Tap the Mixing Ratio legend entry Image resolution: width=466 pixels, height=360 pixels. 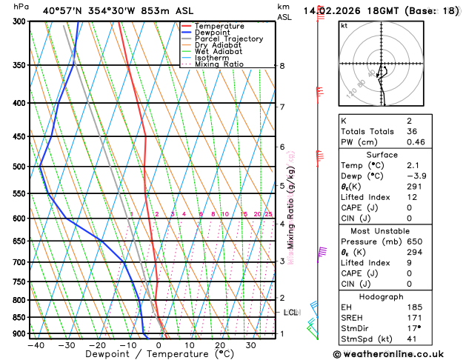click(219, 64)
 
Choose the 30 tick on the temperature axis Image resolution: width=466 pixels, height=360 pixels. click(250, 345)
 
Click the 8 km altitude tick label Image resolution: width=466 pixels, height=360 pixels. click(282, 66)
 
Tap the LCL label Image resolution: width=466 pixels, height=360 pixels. click(291, 313)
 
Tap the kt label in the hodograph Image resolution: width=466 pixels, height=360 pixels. click(344, 25)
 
